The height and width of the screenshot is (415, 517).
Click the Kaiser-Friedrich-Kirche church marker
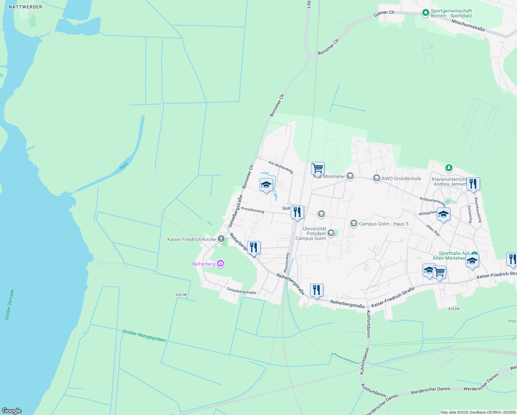point(221,239)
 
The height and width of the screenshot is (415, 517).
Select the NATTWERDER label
point(26,7)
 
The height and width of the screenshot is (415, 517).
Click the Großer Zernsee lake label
point(9,305)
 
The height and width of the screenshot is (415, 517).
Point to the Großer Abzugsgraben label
point(144,336)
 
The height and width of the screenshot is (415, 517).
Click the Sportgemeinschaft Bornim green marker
point(425,13)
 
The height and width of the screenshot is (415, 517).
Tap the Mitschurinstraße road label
point(468,25)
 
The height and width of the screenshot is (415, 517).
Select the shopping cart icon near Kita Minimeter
point(317,168)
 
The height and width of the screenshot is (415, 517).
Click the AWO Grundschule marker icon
point(376,178)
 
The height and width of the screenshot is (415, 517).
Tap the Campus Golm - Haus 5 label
point(384,224)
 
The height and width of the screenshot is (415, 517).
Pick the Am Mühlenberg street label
point(281,167)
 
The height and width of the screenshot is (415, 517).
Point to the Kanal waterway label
point(124,165)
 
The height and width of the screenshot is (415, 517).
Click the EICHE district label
point(454,309)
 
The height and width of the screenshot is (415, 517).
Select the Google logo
point(12,411)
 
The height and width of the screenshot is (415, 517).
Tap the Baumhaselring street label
point(478,210)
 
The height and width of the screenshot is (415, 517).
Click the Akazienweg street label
point(286,262)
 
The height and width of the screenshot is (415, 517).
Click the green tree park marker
point(449,168)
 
